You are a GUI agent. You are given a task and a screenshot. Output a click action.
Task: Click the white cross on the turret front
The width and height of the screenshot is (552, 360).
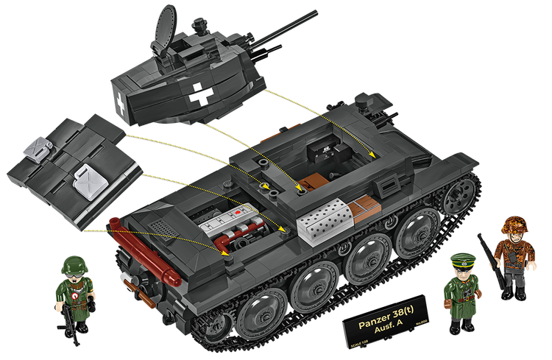[x=199, y=93]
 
